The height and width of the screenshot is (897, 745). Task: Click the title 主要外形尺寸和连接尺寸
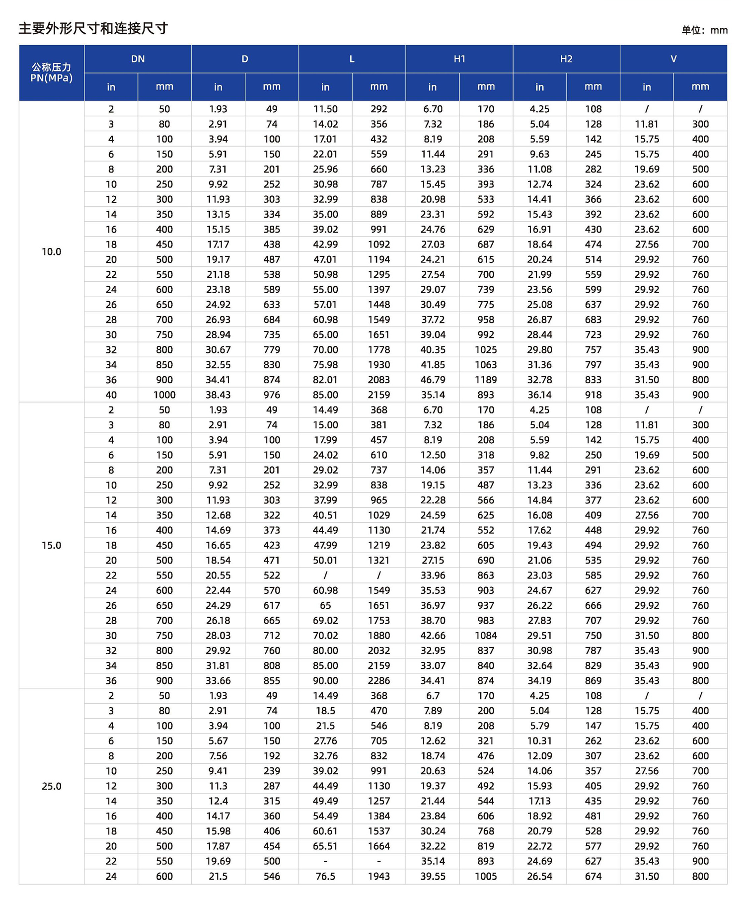pos(93,28)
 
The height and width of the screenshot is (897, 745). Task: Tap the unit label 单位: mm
pos(704,30)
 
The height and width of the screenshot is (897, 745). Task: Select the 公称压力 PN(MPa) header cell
pos(51,73)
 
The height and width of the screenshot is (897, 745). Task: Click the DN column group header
pos(138,59)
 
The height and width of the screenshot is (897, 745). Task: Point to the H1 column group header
pos(459,59)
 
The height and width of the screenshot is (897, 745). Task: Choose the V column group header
pos(673,59)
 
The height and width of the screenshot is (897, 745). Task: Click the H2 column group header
pos(566,59)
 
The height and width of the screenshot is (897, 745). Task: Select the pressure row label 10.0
pos(51,252)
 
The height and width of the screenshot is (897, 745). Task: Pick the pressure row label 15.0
pos(51,546)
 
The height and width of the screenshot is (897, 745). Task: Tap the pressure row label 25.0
pos(51,786)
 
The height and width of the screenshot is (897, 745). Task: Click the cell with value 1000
pos(164,395)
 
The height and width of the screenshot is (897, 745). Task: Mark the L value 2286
pos(379,681)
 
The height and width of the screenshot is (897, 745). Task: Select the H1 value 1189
pos(486,380)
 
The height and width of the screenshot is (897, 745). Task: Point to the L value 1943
pos(379,877)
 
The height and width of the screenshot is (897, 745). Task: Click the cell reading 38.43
pos(218,395)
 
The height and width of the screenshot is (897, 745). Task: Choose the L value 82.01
pos(325,380)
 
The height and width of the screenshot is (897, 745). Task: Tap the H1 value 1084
pos(486,636)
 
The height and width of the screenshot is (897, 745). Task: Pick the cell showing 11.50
pos(325,109)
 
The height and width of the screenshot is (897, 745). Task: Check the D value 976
pos(272,395)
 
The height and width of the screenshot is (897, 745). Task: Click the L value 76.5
pos(325,877)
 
